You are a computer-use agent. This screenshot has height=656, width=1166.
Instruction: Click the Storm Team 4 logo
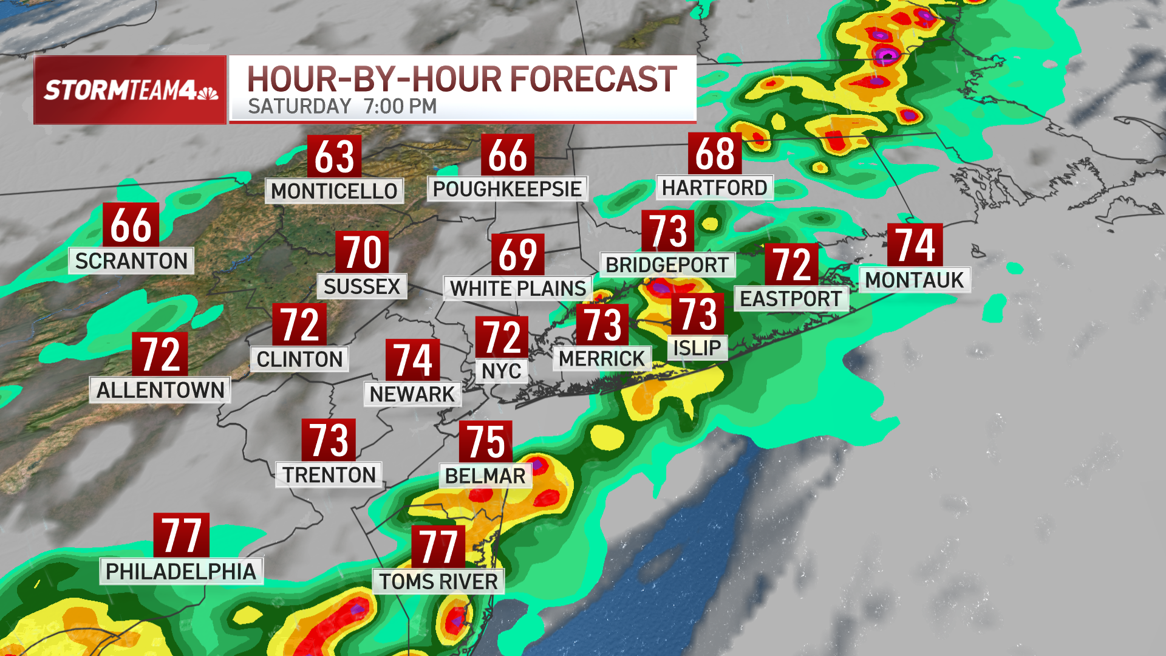pos(130,90)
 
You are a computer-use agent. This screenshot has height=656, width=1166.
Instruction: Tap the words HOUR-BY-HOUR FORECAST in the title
pos(462,80)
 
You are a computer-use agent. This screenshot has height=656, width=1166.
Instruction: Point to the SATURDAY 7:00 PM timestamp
pos(342,106)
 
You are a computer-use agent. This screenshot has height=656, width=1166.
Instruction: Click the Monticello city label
pos(334,191)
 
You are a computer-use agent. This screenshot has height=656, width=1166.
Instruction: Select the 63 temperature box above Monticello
pos(334,156)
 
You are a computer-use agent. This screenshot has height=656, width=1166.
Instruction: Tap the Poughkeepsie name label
pos(507,189)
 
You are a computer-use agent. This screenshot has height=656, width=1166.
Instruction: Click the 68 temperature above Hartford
pos(715,154)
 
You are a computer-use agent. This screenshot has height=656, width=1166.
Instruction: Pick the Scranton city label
pos(131,261)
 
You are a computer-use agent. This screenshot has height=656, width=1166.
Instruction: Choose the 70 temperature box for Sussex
pos(362,252)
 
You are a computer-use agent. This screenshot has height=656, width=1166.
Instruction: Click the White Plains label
pos(518,289)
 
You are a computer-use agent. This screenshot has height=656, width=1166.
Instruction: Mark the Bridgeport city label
pos(667,265)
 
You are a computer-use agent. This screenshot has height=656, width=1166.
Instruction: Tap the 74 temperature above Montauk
pos(915,245)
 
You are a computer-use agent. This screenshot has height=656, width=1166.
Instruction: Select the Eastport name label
pos(791,299)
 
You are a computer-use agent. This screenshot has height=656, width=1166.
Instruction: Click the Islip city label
pos(697,348)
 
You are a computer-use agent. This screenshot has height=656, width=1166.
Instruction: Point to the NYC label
pos(501,371)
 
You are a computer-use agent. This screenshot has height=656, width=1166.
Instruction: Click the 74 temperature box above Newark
pos(412,360)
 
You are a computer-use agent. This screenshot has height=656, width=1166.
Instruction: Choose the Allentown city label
pos(160,390)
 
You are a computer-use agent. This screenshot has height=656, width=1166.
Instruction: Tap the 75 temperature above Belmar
pos(485,442)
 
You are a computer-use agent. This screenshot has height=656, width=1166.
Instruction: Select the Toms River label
pos(438,581)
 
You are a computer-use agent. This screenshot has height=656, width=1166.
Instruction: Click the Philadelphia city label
pos(181,572)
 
